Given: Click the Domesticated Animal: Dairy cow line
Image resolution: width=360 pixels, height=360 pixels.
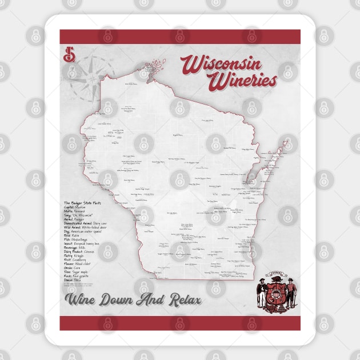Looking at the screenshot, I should click(90, 227).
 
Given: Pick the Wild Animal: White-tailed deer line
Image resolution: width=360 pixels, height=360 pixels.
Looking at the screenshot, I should click(90, 233).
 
